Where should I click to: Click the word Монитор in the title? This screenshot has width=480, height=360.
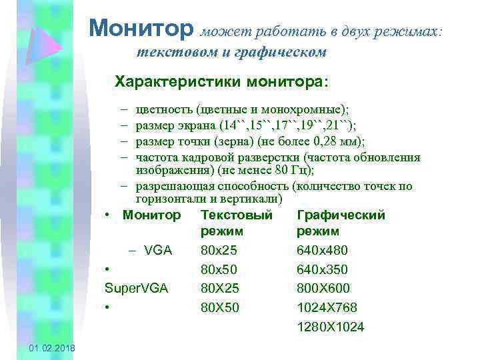[x=141, y=27]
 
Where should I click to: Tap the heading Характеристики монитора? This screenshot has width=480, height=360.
[x=221, y=82]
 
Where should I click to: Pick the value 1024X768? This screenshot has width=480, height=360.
[x=327, y=307]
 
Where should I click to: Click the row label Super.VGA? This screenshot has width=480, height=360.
[x=137, y=288]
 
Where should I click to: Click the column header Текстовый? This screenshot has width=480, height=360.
[x=236, y=215]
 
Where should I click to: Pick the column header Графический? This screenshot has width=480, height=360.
[x=341, y=215]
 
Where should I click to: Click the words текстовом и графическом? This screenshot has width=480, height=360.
[x=231, y=51]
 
